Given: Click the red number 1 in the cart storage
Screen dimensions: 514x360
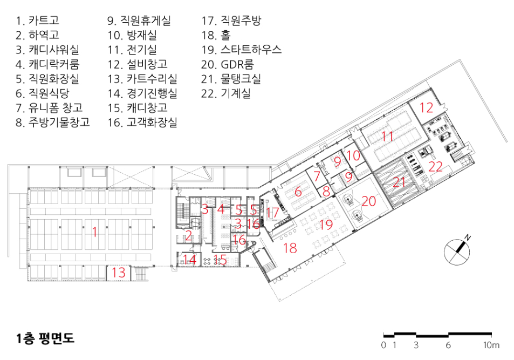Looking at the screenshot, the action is [95, 232].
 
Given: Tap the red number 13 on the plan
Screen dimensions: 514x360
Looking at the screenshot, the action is [118, 273].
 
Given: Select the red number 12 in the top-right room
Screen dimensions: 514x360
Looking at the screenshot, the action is [427, 107].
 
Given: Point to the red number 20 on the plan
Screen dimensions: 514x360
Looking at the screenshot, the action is [368, 201].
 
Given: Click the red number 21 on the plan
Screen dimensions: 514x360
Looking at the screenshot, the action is [399, 181].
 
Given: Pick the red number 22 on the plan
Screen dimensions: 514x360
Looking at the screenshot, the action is [436, 167].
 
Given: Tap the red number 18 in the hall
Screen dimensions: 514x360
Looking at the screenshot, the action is [290, 248].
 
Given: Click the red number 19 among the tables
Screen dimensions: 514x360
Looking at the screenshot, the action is [326, 225].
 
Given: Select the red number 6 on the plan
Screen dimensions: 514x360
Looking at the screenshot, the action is [298, 191].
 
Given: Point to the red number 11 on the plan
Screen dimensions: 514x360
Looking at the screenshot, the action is [387, 136].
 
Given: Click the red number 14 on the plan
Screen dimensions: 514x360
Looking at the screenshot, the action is [190, 259].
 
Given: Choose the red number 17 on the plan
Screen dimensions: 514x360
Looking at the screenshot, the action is [272, 213].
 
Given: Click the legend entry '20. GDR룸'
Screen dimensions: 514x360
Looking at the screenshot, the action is [228, 64].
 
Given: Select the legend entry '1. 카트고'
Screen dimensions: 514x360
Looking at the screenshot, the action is [38, 21].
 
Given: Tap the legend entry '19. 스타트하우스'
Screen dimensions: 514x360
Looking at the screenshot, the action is [241, 50].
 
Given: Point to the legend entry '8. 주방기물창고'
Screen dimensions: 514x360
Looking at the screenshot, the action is [53, 122].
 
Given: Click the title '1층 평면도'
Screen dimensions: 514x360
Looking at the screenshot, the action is [45, 338].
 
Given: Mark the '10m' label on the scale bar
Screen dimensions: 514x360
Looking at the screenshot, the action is [491, 345].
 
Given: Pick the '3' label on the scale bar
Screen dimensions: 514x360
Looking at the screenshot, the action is [416, 345].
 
